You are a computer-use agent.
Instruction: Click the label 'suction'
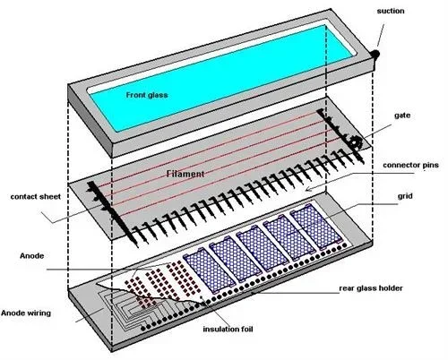tap(391, 12)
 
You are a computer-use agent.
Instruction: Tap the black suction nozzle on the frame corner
tap(375, 55)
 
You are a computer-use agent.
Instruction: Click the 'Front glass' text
tap(147, 95)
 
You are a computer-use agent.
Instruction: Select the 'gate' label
tap(402, 116)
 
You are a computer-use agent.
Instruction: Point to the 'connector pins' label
tap(410, 165)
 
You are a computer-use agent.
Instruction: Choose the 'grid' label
tap(405, 196)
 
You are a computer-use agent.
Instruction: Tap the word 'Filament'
tap(185, 174)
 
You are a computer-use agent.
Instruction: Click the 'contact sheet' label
tap(35, 197)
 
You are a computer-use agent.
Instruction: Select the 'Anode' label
tap(31, 256)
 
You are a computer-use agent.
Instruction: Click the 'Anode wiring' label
tap(26, 313)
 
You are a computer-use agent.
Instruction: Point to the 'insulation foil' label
tap(228, 330)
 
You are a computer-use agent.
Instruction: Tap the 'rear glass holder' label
tap(371, 288)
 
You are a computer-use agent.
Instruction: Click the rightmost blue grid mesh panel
tap(316, 227)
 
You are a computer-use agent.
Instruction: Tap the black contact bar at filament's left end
tap(111, 213)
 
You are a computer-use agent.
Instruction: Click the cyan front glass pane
tap(221, 78)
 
